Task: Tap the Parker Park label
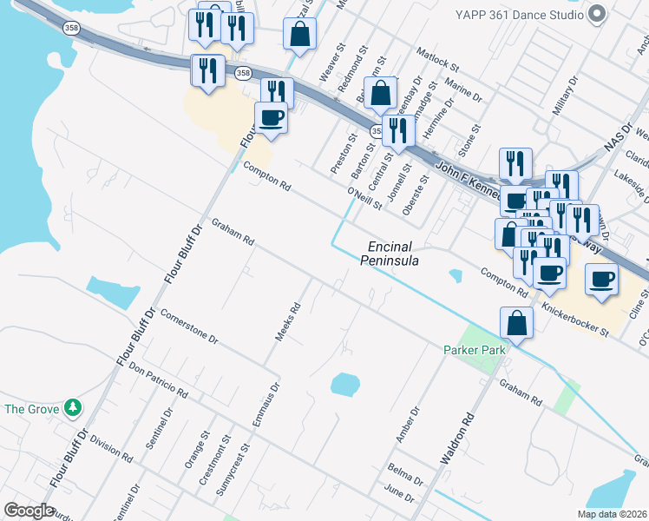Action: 475,350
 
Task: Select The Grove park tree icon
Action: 74,407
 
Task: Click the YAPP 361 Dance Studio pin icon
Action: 596,14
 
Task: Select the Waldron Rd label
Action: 457,440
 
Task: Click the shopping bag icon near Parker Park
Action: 516,323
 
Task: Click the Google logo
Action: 29,511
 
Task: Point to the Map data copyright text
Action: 613,514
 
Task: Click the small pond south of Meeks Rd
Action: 344,383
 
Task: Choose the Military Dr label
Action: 565,96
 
